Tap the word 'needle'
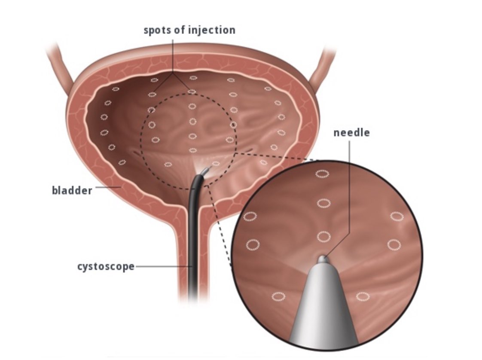click(x=351, y=133)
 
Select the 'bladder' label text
click(x=72, y=190)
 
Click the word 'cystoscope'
click(x=106, y=266)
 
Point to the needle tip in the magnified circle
click(x=323, y=259)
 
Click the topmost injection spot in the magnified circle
click(x=322, y=174)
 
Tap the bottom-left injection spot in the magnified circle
click(x=278, y=296)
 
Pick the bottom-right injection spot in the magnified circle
click(x=363, y=296)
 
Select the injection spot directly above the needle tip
click(x=323, y=236)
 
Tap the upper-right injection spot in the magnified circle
click(x=397, y=216)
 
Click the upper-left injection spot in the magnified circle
click(x=250, y=216)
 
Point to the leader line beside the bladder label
click(x=107, y=188)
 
